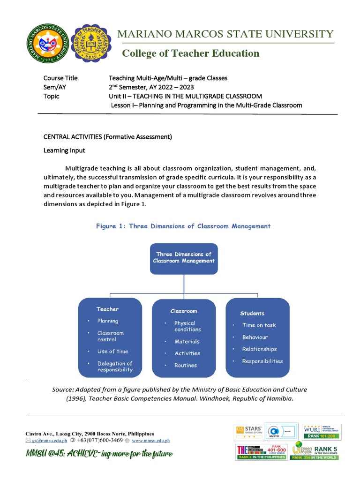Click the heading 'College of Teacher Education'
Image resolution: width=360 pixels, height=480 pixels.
click(190, 53)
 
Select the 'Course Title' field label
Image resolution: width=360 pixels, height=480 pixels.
click(60, 78)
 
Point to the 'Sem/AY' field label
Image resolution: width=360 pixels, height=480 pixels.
click(54, 87)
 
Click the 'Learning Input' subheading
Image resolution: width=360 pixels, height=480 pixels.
click(65, 151)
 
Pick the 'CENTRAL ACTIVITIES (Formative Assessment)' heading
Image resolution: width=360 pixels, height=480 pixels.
click(108, 137)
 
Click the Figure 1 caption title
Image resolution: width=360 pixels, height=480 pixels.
click(183, 226)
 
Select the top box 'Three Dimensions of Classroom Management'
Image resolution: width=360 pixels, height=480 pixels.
click(184, 258)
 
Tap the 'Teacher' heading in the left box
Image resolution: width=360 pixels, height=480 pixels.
click(107, 309)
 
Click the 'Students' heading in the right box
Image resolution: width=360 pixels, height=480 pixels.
click(252, 313)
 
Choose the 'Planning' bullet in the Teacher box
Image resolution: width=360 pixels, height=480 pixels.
click(107, 321)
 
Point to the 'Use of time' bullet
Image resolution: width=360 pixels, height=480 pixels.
click(112, 351)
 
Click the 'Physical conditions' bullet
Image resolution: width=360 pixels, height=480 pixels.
click(187, 326)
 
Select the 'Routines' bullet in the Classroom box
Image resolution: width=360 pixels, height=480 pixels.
click(186, 365)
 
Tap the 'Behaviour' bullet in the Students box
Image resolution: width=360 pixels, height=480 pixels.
click(255, 337)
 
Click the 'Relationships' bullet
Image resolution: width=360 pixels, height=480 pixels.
click(259, 349)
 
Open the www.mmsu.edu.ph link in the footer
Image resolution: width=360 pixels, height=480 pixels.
click(150, 441)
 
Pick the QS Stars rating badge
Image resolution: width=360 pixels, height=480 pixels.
click(248, 431)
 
